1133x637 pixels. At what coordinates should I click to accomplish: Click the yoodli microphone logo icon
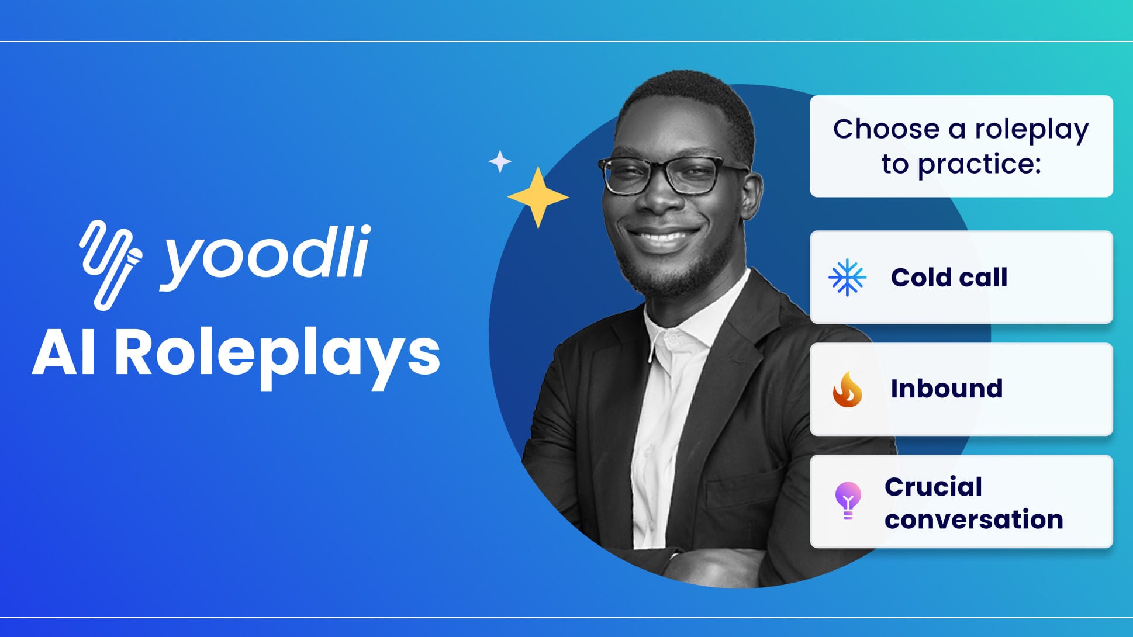tap(110, 264)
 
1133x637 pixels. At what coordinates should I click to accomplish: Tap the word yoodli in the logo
tap(265, 258)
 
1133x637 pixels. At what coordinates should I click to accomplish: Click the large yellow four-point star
tap(538, 198)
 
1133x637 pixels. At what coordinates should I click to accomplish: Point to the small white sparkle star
tap(500, 161)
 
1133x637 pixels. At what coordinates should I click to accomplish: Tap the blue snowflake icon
tap(847, 278)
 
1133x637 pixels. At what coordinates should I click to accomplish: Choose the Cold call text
tap(949, 278)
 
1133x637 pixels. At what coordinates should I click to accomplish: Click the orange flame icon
tap(847, 389)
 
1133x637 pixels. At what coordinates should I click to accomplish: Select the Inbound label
tap(947, 389)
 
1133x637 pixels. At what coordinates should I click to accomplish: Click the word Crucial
tap(933, 487)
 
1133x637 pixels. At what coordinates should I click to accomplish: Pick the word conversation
tap(973, 520)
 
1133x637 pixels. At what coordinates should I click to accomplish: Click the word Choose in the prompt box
tap(886, 129)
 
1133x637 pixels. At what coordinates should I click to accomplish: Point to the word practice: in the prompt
tap(979, 165)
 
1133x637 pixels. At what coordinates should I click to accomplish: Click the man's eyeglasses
tap(672, 175)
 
